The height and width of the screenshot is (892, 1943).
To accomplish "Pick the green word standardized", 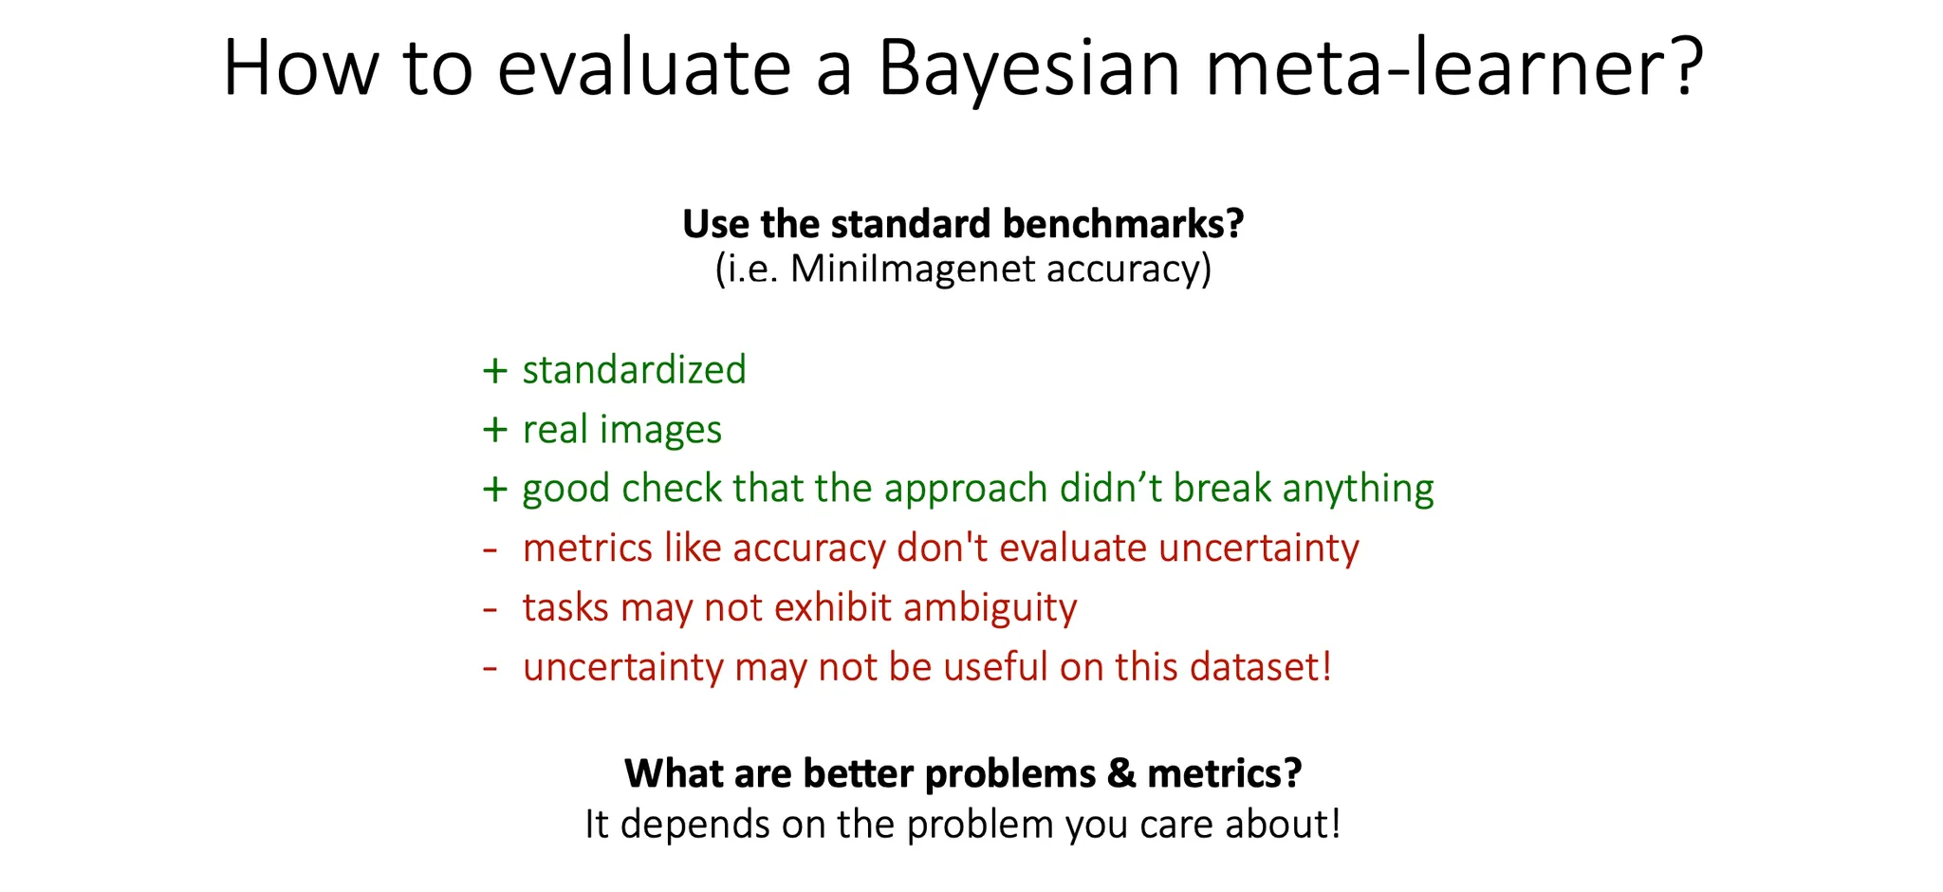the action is pos(634,369).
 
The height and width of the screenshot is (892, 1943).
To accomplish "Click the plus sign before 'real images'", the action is pos(494,430).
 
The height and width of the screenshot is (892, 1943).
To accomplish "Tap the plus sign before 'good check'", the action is pos(494,490).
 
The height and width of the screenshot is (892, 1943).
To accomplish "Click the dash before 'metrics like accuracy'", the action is pos(490,549).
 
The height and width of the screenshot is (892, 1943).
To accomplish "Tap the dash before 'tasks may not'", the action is pos(490,609).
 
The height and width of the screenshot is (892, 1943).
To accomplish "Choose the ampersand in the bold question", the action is pos(1120,773).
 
